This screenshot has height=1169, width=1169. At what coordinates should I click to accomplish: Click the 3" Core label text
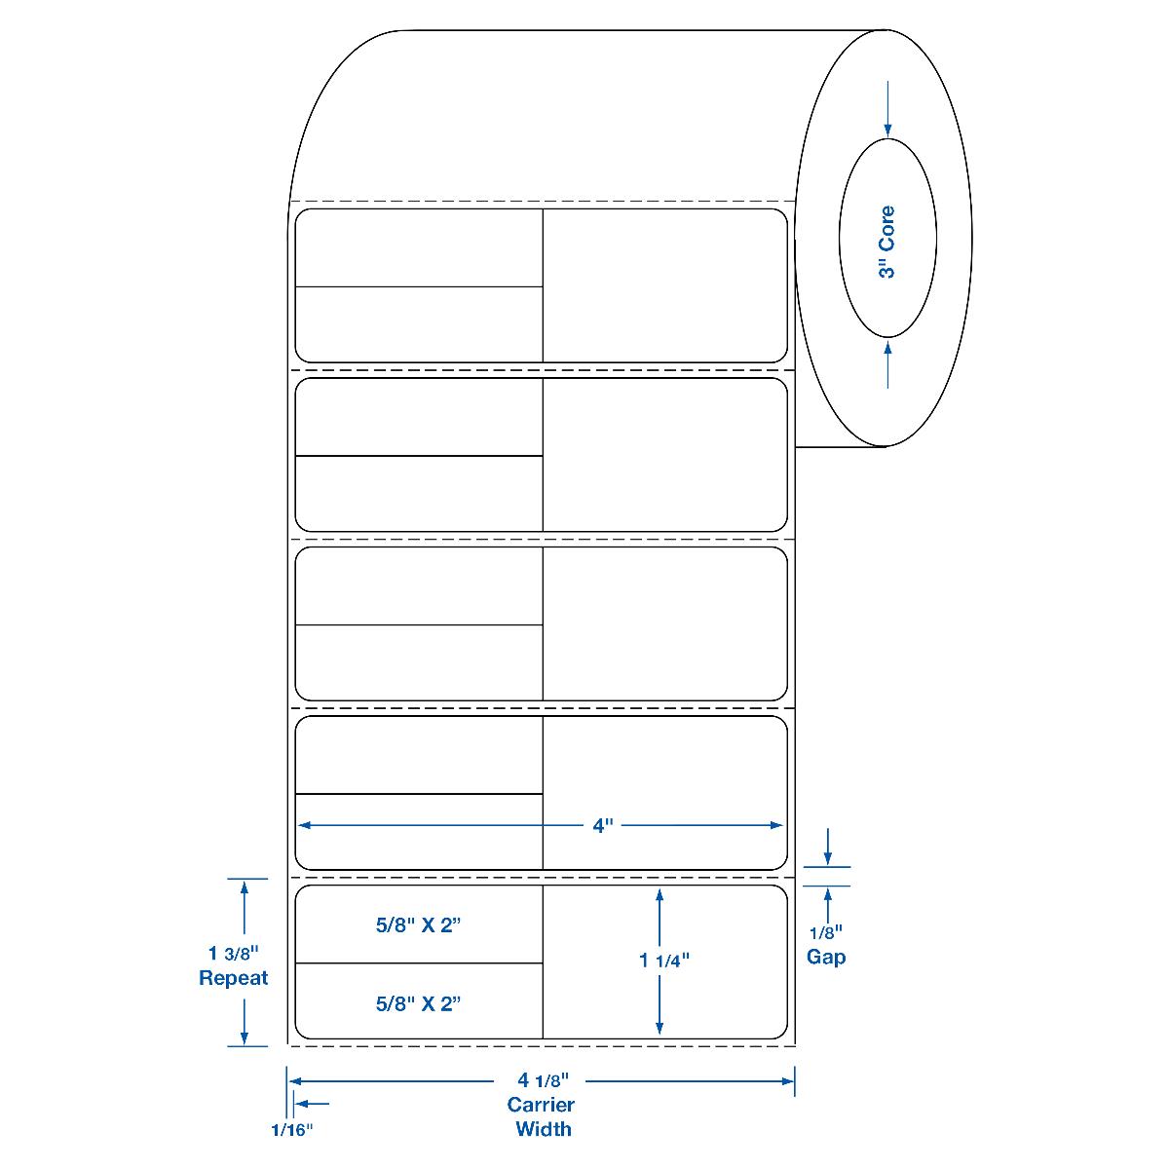[x=886, y=243]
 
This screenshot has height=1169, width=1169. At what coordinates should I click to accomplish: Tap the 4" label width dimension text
[x=603, y=826]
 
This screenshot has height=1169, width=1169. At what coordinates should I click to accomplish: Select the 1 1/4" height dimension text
[x=664, y=960]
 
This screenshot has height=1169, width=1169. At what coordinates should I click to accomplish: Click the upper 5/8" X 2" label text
[x=417, y=926]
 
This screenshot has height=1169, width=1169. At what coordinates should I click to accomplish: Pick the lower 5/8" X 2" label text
[x=417, y=1002]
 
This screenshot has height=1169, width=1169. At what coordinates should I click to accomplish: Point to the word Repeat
[x=234, y=978]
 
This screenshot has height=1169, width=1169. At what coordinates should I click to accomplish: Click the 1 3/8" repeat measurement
[x=233, y=953]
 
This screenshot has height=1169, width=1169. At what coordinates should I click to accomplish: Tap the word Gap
[x=826, y=957]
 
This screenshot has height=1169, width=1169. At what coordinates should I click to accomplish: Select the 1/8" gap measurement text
[x=826, y=932]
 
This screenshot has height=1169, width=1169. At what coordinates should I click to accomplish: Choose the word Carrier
[x=541, y=1106]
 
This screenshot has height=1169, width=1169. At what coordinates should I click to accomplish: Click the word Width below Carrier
[x=544, y=1130]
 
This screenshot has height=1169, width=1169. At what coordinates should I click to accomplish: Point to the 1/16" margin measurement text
[x=292, y=1130]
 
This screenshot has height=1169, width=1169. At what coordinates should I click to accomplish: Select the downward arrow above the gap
[x=827, y=856]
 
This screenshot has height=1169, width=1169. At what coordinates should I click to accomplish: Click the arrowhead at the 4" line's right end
[x=777, y=826]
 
